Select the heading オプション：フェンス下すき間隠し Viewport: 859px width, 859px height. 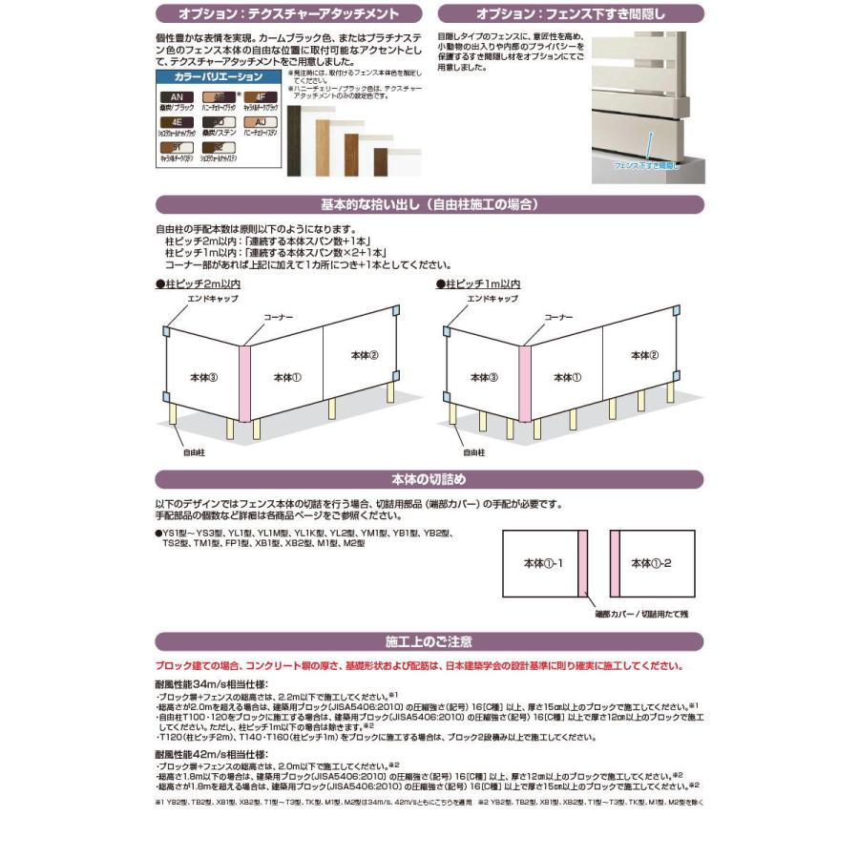571,13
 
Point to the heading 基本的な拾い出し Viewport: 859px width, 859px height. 429,204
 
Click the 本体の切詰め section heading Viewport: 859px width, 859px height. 429,478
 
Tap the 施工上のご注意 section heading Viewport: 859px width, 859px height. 429,641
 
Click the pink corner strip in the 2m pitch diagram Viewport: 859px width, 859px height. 244,383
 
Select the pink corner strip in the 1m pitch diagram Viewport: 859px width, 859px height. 525,383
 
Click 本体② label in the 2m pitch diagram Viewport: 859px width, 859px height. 365,355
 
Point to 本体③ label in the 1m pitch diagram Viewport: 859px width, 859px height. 485,378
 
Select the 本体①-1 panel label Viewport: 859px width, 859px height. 543,564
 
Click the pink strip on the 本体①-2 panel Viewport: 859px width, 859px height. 615,563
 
